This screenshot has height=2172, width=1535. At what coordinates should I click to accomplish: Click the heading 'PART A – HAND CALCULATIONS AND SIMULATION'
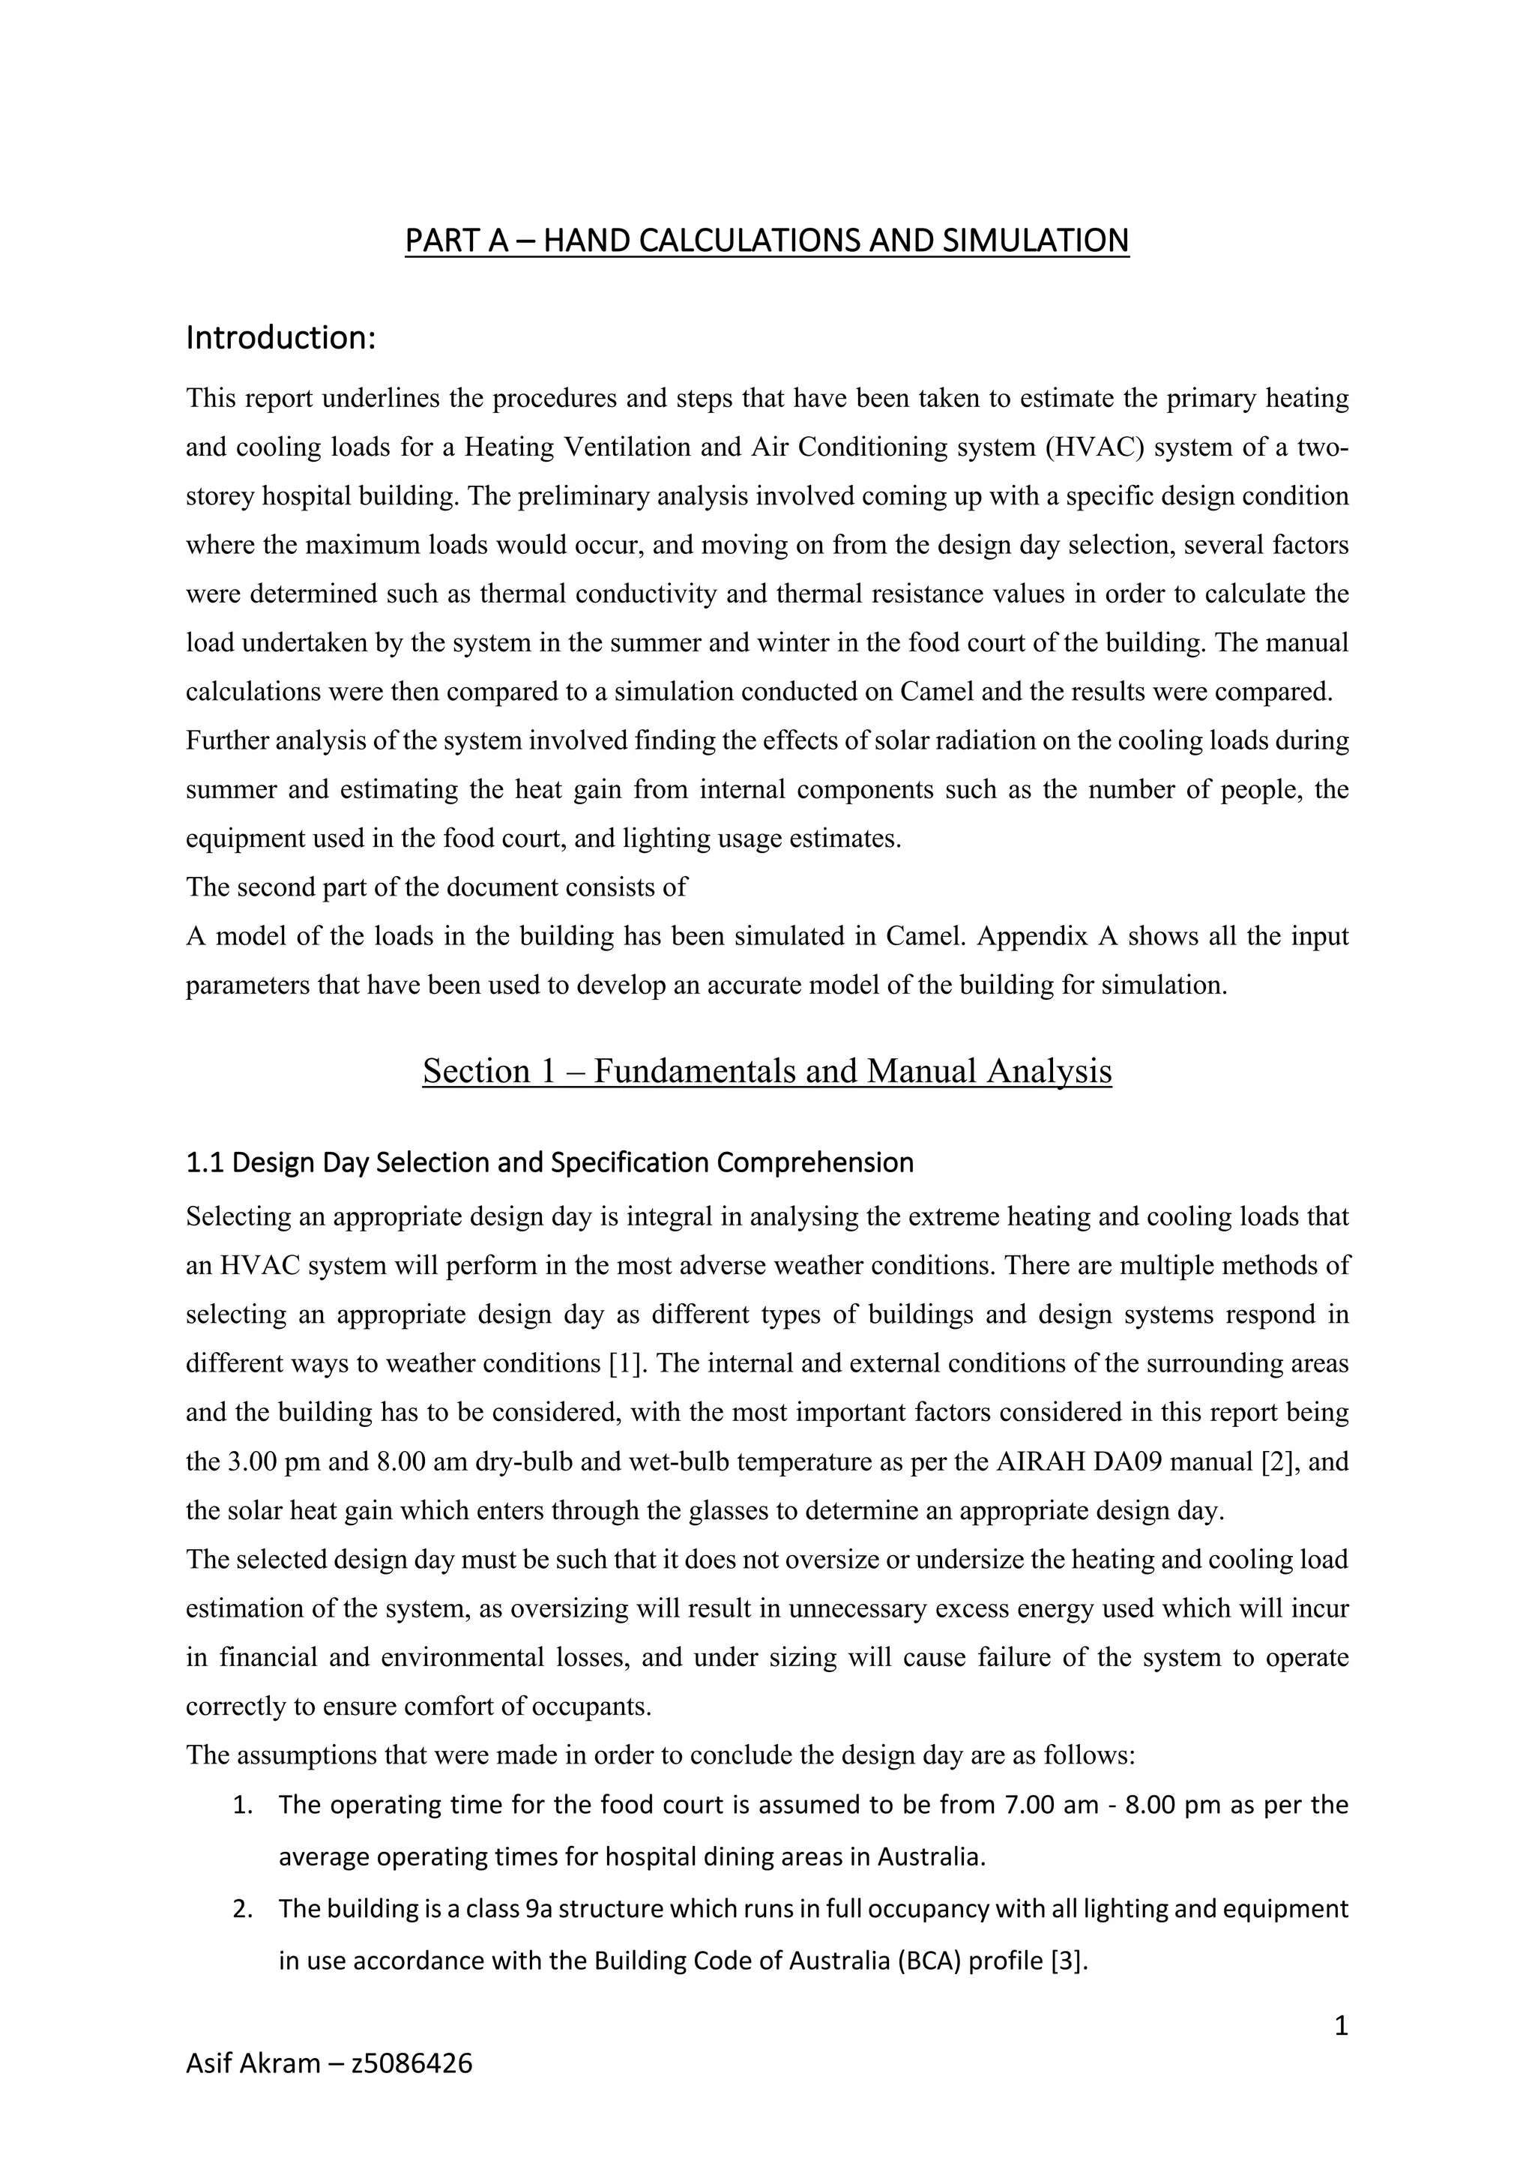(766, 241)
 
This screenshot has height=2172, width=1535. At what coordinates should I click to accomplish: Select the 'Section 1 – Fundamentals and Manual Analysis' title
(766, 1071)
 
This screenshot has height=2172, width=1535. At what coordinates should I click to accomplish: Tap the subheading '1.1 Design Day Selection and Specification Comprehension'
(549, 1162)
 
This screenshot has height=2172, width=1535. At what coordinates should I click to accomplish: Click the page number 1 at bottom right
(1340, 2025)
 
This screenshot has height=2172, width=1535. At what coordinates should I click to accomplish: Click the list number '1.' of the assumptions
(243, 1805)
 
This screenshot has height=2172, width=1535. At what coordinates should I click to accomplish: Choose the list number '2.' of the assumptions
(243, 1909)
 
